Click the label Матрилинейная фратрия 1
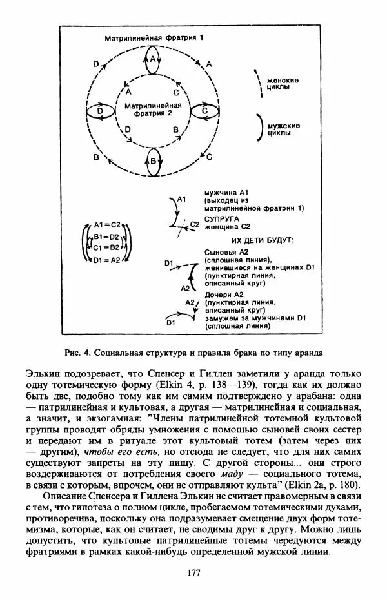(x=154, y=39)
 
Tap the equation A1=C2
(x=107, y=225)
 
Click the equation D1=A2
(x=107, y=260)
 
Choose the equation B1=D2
(x=107, y=237)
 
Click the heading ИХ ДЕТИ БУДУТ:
(x=261, y=240)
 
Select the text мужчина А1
(x=230, y=193)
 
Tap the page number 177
(x=193, y=572)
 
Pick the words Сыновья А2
(x=226, y=251)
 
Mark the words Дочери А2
(x=224, y=294)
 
